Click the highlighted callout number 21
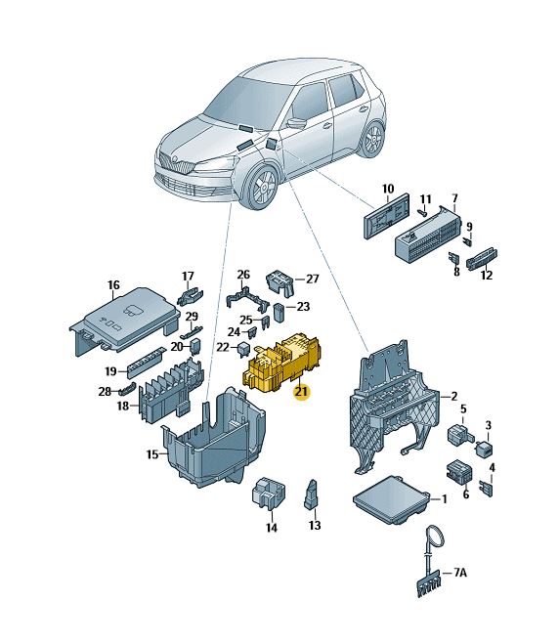[x=301, y=392]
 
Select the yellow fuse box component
[x=282, y=361]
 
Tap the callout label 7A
[x=460, y=572]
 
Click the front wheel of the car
[x=261, y=186]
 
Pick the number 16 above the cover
[x=113, y=284]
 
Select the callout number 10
[x=388, y=189]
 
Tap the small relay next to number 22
[x=243, y=350]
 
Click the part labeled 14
[x=268, y=493]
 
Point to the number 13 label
[x=315, y=525]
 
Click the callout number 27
[x=313, y=279]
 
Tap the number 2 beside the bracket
[x=453, y=396]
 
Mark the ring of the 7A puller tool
[x=435, y=537]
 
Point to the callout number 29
[x=192, y=316]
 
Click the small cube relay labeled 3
[x=485, y=448]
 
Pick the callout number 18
[x=123, y=406]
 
